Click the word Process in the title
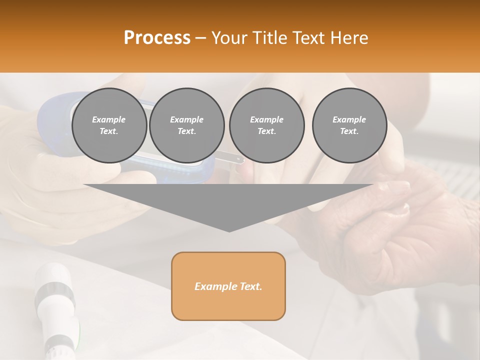(157, 38)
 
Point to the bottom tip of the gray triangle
(229, 231)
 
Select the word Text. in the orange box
(251, 286)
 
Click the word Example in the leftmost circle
(109, 119)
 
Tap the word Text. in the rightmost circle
(349, 131)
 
